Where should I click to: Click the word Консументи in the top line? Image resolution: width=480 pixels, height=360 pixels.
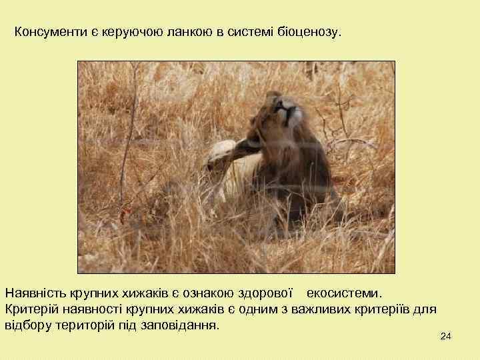coord(45,32)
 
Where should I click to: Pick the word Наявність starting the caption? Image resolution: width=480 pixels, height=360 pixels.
coord(33,293)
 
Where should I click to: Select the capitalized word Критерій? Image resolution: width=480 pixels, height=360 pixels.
coord(30,309)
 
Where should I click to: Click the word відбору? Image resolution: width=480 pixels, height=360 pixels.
coord(27,326)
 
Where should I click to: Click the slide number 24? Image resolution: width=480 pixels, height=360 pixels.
coord(446,338)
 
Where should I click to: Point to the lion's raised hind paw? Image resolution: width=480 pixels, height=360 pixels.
coord(221,152)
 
